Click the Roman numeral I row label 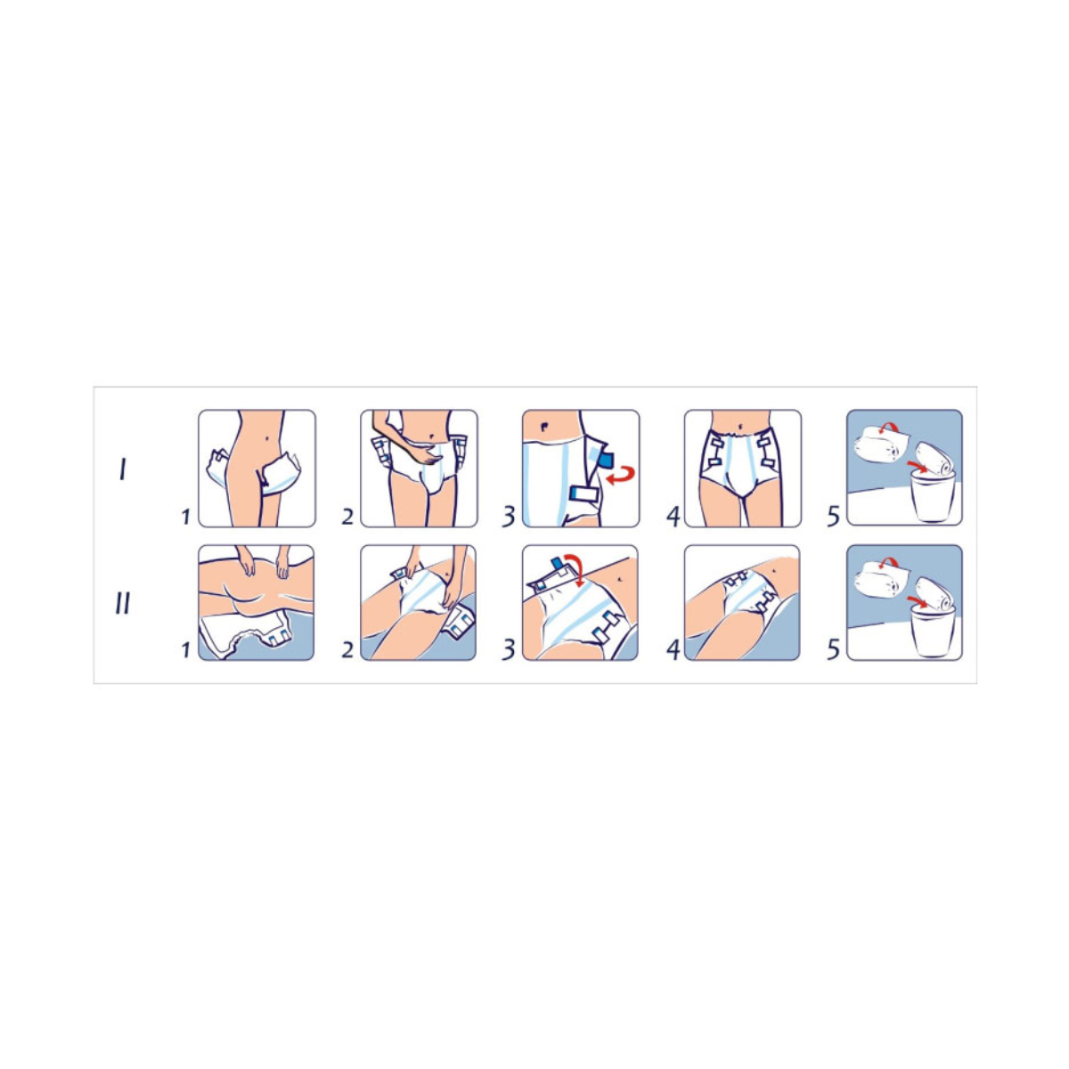click(123, 471)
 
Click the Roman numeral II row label click(122, 605)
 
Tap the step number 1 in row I click(185, 517)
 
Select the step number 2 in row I click(347, 517)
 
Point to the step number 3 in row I click(508, 516)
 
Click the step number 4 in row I click(672, 516)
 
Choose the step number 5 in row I click(833, 516)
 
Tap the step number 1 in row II click(185, 650)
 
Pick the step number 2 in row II click(347, 650)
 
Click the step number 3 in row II click(508, 650)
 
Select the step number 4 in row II click(672, 650)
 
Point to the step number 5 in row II click(833, 650)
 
